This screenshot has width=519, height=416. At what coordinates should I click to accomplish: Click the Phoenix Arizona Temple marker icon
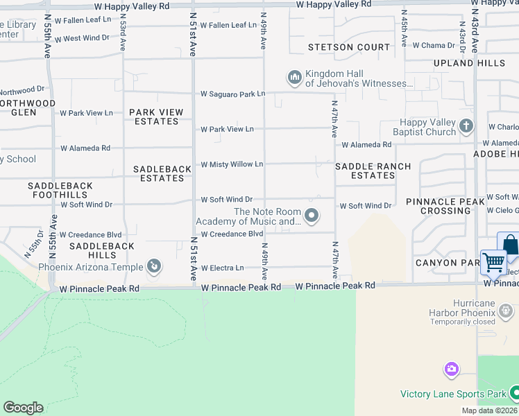(155, 266)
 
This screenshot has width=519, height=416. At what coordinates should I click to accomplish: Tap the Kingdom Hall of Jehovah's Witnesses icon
(294, 76)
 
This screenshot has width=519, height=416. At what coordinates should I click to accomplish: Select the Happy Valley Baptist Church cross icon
(466, 126)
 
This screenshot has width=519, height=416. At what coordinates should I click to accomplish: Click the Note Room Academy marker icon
(312, 216)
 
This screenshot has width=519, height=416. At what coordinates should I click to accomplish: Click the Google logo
(23, 408)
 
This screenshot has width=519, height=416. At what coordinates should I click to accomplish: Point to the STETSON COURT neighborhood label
(350, 47)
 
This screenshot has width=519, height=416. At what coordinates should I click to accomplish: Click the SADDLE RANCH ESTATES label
(373, 171)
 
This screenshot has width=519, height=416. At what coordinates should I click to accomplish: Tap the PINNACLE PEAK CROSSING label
(445, 206)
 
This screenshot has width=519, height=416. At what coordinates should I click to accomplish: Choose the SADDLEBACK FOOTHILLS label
(59, 190)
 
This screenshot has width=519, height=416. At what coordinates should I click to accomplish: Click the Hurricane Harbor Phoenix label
(463, 309)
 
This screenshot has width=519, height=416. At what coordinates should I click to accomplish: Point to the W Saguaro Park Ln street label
(233, 94)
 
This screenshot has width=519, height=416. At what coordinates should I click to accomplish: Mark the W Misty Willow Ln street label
(232, 164)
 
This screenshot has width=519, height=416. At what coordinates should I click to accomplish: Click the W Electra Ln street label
(223, 268)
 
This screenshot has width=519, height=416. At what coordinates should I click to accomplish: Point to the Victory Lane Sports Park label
(453, 394)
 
